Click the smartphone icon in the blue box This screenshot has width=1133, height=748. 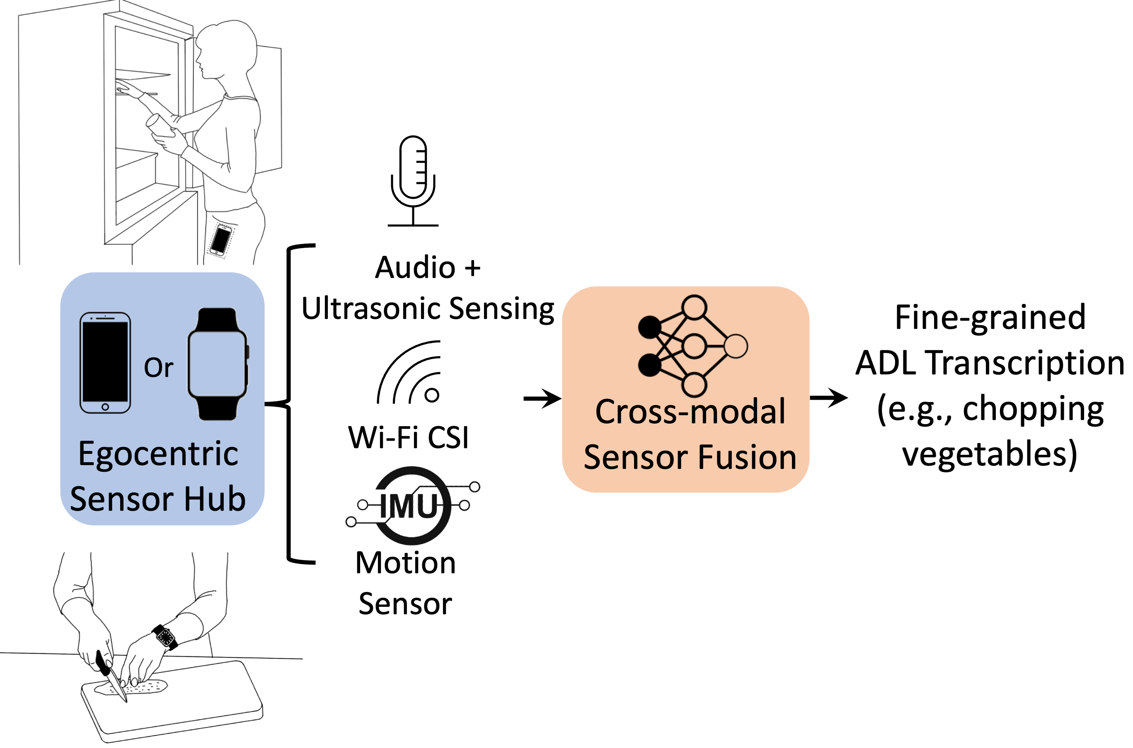(105, 362)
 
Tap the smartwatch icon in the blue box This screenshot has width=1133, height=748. (218, 364)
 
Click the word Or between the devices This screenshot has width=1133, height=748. (158, 368)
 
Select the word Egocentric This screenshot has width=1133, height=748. (158, 454)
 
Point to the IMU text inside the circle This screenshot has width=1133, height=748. (409, 506)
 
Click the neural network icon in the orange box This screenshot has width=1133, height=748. (692, 346)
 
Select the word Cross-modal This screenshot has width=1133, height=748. (690, 412)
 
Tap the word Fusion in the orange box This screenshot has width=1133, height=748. (747, 458)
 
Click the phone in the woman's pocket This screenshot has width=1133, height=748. (221, 240)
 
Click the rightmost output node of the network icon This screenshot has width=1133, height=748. (736, 346)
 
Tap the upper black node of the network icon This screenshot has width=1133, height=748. (649, 327)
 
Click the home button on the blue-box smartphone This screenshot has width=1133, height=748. (105, 406)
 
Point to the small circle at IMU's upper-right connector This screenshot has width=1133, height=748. (475, 487)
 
